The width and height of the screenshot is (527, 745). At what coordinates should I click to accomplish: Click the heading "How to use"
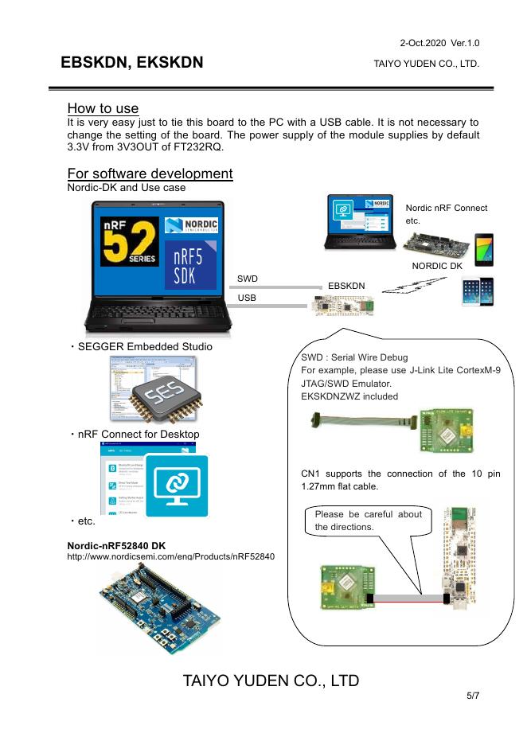(x=103, y=108)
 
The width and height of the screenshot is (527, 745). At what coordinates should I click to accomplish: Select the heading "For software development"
(x=150, y=174)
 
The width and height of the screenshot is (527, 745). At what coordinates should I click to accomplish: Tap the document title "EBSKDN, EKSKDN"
(x=131, y=63)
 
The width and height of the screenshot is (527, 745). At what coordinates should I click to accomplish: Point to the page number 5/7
(x=473, y=696)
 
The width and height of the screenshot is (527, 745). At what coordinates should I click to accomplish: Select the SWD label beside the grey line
(x=247, y=279)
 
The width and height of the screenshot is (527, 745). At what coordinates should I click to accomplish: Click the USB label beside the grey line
(x=247, y=298)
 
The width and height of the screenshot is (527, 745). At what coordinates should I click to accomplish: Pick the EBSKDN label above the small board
(x=346, y=285)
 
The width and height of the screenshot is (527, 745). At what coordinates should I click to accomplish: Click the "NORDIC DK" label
(x=436, y=266)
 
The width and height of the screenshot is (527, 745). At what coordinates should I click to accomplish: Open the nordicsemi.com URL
(x=171, y=556)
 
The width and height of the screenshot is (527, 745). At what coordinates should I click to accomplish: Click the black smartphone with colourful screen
(x=483, y=249)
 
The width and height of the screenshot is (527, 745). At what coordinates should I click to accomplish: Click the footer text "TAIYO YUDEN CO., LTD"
(x=271, y=681)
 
